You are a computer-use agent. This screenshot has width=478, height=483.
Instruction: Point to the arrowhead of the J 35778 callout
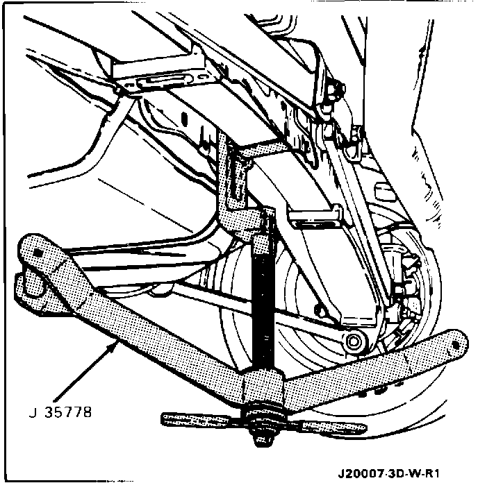(x=115, y=343)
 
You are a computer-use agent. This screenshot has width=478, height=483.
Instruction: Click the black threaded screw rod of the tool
(x=263, y=312)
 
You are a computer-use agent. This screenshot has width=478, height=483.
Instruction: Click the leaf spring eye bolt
(x=356, y=340)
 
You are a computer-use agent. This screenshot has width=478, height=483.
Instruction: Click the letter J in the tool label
(x=33, y=414)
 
